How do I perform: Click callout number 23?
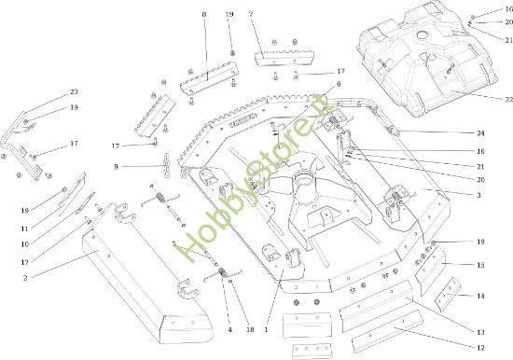pos(74,92)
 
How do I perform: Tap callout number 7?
pos(251,15)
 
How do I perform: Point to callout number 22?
pos(483,100)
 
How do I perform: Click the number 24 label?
pos(480,133)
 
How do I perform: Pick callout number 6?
pos(338,85)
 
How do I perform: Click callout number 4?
pos(229,329)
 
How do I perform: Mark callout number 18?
pos(250,329)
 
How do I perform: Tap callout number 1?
pos(267,329)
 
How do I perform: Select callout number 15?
pos(480,266)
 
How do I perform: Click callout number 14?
pos(480,296)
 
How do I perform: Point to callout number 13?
pos(480,333)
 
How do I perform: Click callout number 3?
pos(478,196)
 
